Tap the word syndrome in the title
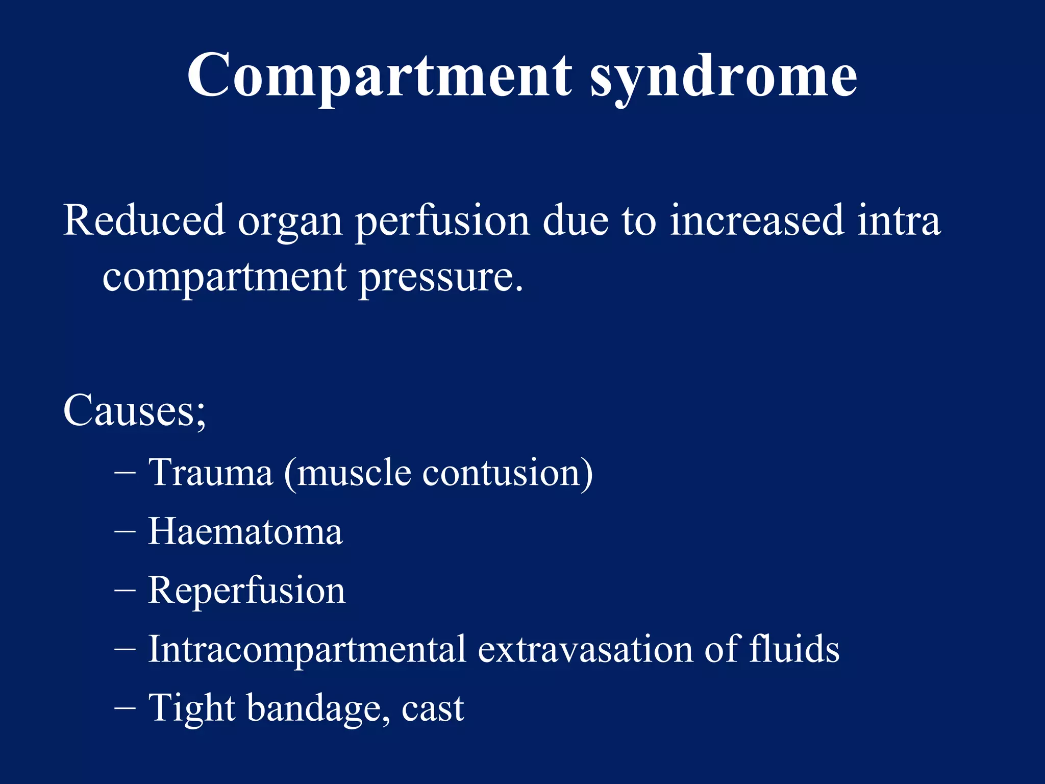tap(724, 77)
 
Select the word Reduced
tap(144, 220)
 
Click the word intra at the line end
tap(899, 220)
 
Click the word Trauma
tap(211, 472)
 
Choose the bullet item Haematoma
tap(245, 532)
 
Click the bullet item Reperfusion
tap(247, 591)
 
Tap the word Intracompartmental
tap(307, 650)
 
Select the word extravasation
tap(585, 650)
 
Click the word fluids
tap(794, 649)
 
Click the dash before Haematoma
tap(125, 532)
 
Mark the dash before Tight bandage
tap(125, 708)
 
